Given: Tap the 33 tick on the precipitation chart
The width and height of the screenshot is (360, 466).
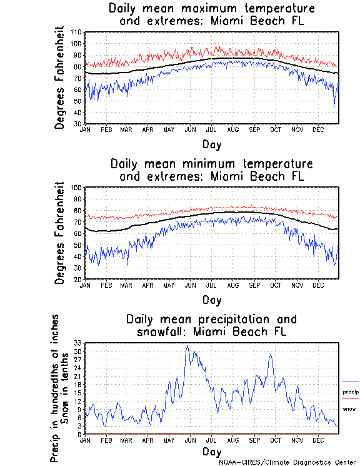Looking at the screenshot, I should pos(79,343).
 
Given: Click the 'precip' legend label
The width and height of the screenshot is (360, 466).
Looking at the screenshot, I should pos(349,392).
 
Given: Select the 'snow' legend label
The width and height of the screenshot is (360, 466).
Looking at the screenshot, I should pos(348,408).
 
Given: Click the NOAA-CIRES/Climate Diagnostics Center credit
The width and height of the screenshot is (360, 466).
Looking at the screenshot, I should pos(287,462).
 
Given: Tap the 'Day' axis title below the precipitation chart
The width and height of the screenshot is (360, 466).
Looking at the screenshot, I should pos(211,451).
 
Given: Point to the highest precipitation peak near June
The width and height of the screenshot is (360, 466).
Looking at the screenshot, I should pos(187,346).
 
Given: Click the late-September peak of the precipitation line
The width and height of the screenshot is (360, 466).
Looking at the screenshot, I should pos(271,355).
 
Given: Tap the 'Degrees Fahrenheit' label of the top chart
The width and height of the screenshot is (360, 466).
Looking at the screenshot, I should pos(60,78).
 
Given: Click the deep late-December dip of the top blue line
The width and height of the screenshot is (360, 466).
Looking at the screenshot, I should pos(334,107).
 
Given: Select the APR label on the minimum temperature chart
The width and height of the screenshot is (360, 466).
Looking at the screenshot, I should pos(148,285).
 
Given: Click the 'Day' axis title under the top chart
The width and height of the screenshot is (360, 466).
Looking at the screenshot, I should pos(211,144).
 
